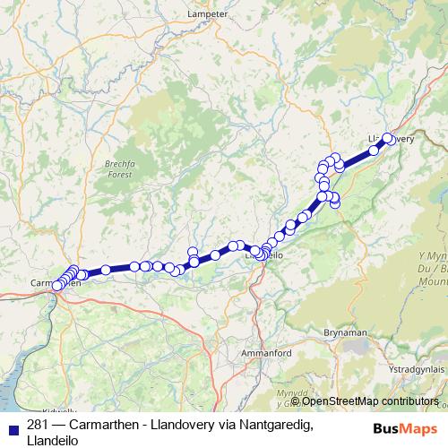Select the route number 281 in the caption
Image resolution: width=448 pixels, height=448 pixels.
38,425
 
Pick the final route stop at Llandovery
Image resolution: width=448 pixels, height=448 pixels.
388,139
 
